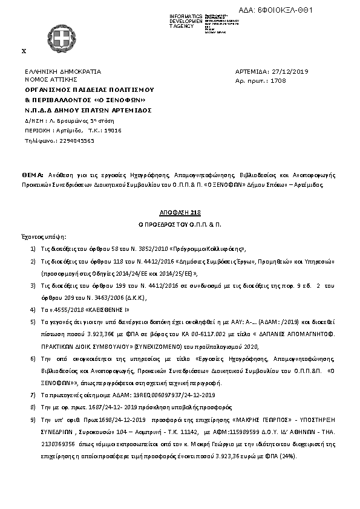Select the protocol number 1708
click(278, 80)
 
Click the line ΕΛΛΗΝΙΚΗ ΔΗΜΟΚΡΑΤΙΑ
click(63, 71)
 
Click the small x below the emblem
click(24, 51)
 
